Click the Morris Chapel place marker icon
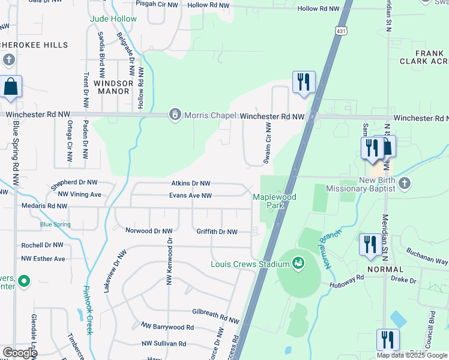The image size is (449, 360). click(x=175, y=114)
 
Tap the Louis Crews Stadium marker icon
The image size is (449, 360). click(x=297, y=263)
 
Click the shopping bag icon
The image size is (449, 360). click(x=11, y=87)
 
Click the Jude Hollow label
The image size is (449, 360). click(x=113, y=19)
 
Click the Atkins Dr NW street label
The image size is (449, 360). click(x=189, y=184)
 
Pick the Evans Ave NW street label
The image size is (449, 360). click(x=190, y=196)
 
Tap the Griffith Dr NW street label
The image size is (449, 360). click(x=217, y=232)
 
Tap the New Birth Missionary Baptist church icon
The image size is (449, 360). click(x=405, y=183)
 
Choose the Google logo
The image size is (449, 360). click(x=19, y=353)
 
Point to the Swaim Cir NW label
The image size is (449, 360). click(x=268, y=143)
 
